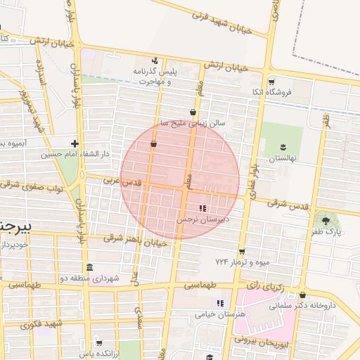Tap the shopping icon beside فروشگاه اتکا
coord(271,81)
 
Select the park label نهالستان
coord(282,158)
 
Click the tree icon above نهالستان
coord(283,147)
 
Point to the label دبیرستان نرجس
coord(203,219)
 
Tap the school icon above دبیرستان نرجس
coord(202,208)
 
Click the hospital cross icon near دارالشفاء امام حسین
coord(75,144)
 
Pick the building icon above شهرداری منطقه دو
coord(89,268)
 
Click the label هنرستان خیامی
coord(221,314)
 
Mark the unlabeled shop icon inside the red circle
coord(153,144)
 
